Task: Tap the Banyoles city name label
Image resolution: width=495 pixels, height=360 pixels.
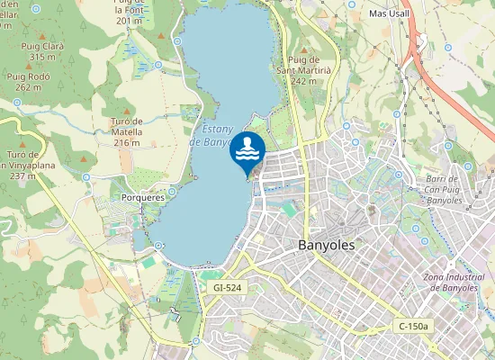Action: [326, 245]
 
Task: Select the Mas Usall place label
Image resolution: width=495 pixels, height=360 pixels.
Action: [390, 13]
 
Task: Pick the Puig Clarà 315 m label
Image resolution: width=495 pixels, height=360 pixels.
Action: [42, 50]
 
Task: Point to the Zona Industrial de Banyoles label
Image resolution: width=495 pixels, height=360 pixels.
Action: [459, 282]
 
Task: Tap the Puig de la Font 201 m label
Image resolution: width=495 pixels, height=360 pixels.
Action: [130, 11]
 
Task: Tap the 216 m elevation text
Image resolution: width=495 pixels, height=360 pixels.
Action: [127, 143]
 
